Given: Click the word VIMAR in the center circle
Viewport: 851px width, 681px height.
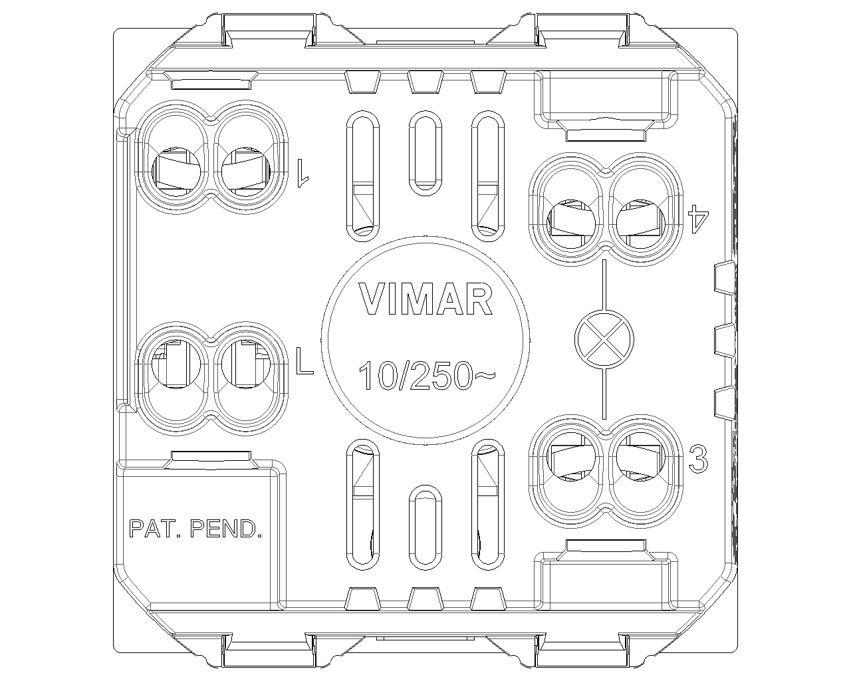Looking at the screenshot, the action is tap(426, 299).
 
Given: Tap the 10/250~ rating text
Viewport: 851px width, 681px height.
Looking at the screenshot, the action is tap(427, 374).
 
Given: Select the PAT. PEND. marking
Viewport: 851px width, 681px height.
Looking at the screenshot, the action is tap(195, 529).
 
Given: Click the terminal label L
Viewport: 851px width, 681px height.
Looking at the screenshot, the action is tap(304, 361).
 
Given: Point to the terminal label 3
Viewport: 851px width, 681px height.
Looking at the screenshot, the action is tap(698, 459).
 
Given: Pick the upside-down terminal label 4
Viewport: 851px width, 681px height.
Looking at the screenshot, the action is tap(698, 218).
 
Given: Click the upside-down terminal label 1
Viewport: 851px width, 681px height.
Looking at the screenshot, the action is tap(303, 174).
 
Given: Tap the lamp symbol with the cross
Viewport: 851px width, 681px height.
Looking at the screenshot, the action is tap(604, 340).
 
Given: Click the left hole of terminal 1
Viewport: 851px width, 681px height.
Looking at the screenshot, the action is tap(176, 172).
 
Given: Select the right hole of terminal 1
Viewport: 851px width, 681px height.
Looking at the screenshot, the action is tap(245, 172).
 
